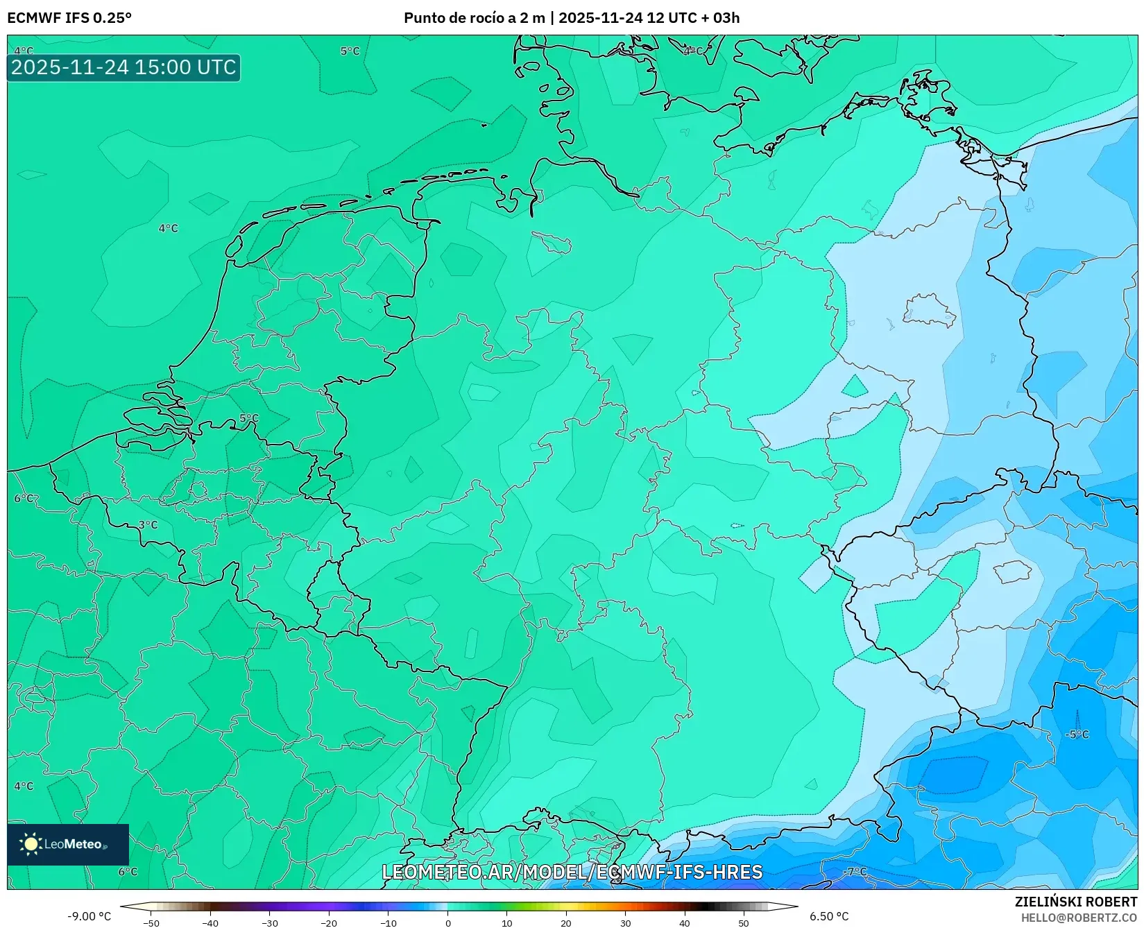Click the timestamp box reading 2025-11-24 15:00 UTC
(x=123, y=67)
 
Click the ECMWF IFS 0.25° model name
(x=69, y=18)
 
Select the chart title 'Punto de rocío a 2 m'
(x=475, y=18)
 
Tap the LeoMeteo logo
(x=68, y=844)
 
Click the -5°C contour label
(x=1077, y=734)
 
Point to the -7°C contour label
(x=855, y=872)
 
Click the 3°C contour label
(x=148, y=525)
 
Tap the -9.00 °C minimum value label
(x=89, y=916)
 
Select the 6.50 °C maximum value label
(x=829, y=916)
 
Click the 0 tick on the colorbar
(x=447, y=923)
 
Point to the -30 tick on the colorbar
(x=270, y=923)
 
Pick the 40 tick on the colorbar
(x=685, y=923)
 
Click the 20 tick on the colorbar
(x=566, y=923)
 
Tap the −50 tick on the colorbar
(x=151, y=923)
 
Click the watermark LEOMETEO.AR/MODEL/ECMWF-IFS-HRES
(x=572, y=872)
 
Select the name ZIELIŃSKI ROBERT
(x=1076, y=902)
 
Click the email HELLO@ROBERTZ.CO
(x=1079, y=918)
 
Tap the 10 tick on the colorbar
(x=507, y=923)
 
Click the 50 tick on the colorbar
(x=744, y=923)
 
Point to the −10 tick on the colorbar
(x=388, y=923)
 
